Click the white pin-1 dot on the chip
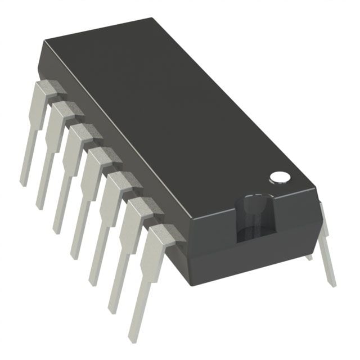click(279, 177)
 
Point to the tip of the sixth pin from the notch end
click(40, 205)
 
